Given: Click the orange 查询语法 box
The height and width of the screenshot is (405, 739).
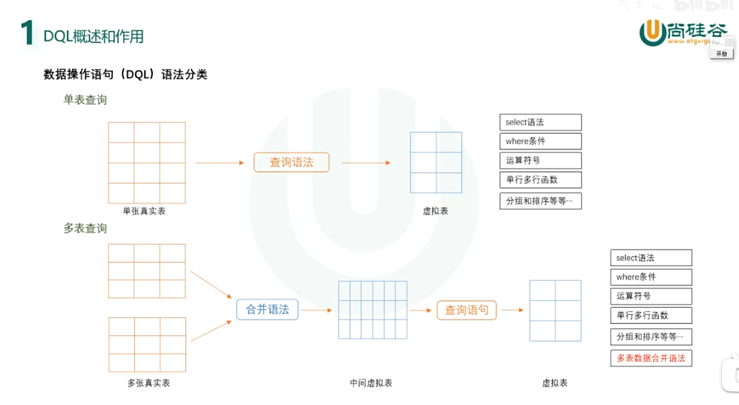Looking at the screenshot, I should coord(291,162).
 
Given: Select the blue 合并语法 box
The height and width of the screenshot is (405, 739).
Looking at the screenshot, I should coord(267,309).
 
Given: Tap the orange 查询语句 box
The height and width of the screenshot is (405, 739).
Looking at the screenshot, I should coord(466,310).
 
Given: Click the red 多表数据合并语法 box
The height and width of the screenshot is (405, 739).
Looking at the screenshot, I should coord(651,358).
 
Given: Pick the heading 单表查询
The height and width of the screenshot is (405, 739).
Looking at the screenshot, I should coord(85,100).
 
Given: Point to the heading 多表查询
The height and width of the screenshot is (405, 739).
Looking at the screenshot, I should coord(85,228).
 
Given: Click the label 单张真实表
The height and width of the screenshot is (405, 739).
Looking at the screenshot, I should coord(144,211).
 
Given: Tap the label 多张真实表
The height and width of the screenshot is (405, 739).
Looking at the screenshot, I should coord(148,383).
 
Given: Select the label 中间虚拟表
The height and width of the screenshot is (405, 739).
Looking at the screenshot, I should coord(371,383).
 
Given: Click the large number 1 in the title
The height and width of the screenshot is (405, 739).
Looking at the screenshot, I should coord(27,33).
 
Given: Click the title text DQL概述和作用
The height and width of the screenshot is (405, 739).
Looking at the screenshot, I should coord(93,36).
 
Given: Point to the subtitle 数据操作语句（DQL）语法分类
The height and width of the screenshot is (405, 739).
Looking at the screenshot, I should coord(125,74).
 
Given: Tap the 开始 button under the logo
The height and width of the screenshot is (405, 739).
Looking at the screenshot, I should coord(721,54).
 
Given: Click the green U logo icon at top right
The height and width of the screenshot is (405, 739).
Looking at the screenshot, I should coord(652,31).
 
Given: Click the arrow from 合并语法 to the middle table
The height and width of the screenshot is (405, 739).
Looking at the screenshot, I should coord(317,310).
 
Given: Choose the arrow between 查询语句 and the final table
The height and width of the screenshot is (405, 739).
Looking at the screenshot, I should coord(512,310).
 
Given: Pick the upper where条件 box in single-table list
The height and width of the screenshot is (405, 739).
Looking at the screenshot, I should coord(540,141).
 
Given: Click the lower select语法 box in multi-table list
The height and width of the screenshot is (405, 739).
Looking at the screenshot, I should coord(651,258).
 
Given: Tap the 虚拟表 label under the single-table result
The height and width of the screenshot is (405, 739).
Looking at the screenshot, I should coord(436,211).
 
